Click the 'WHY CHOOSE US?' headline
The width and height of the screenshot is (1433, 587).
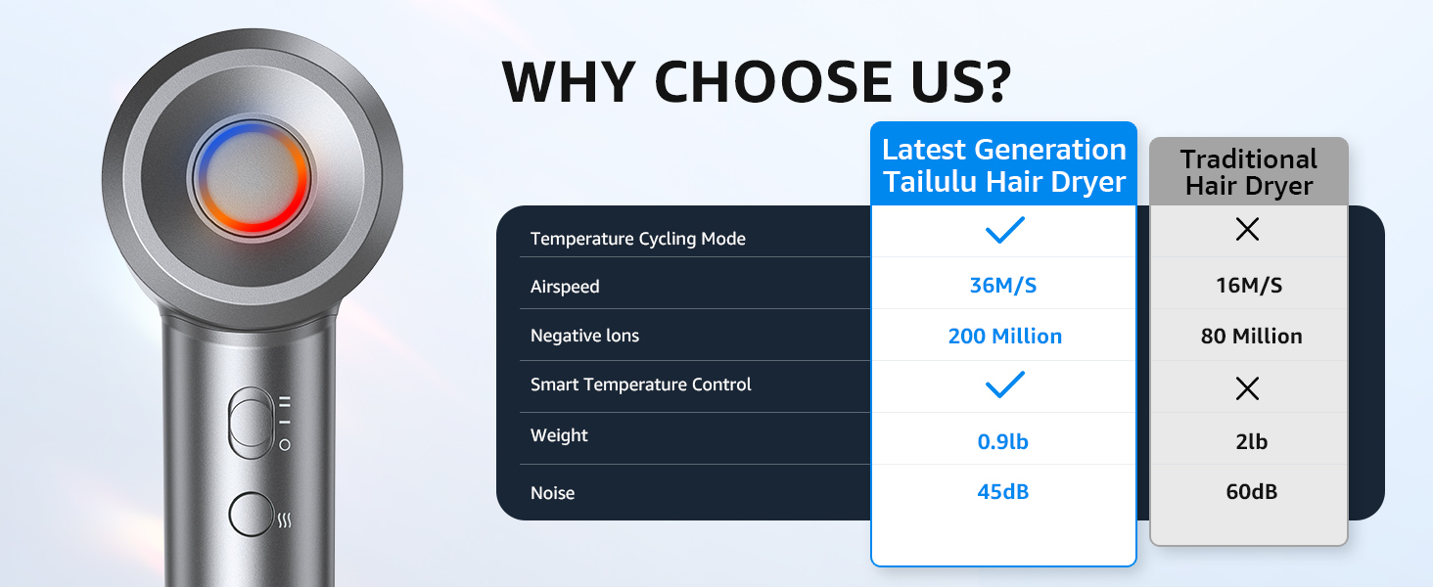click(x=757, y=82)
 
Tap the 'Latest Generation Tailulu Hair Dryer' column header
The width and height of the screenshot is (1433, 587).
click(x=1003, y=165)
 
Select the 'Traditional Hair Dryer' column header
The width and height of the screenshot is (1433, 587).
click(x=1249, y=172)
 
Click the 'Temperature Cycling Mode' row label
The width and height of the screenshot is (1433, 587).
click(x=638, y=239)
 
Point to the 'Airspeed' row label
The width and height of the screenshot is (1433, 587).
click(x=565, y=287)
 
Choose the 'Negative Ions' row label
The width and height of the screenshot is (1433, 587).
click(x=584, y=335)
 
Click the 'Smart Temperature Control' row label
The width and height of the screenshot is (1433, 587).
click(x=640, y=384)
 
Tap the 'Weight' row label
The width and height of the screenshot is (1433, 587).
click(x=559, y=434)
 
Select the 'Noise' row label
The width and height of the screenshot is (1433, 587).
click(x=553, y=493)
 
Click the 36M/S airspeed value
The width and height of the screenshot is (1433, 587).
click(x=1003, y=286)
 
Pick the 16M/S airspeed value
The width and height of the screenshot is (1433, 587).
click(x=1249, y=286)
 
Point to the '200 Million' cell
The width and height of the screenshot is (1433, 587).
click(x=1005, y=336)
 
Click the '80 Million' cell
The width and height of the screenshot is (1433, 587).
click(x=1251, y=336)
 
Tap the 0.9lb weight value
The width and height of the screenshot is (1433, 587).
click(x=1003, y=441)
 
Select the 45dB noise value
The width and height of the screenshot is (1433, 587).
click(x=1003, y=492)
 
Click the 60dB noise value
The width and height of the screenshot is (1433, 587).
click(x=1251, y=492)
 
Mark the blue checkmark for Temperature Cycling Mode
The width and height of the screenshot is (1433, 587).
click(x=1004, y=230)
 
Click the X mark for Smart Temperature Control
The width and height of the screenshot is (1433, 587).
click(x=1247, y=388)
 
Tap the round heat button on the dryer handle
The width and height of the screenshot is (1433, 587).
click(x=252, y=514)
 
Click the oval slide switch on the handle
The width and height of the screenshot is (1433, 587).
click(x=252, y=422)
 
